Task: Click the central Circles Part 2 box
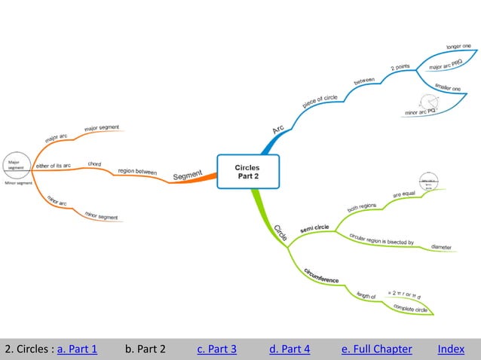pyautogui.click(x=247, y=172)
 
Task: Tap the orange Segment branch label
pyautogui.click(x=188, y=175)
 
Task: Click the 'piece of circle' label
pyautogui.click(x=320, y=101)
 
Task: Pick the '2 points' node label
pyautogui.click(x=401, y=68)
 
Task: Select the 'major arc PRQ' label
pyautogui.click(x=446, y=66)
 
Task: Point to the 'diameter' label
pyautogui.click(x=441, y=246)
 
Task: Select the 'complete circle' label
pyautogui.click(x=411, y=308)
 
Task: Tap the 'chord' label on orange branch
pyautogui.click(x=94, y=163)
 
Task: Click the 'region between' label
pyautogui.click(x=137, y=172)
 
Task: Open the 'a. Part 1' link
pyautogui.click(x=77, y=349)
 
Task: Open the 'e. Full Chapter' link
pyautogui.click(x=376, y=349)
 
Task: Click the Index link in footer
pyautogui.click(x=451, y=349)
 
